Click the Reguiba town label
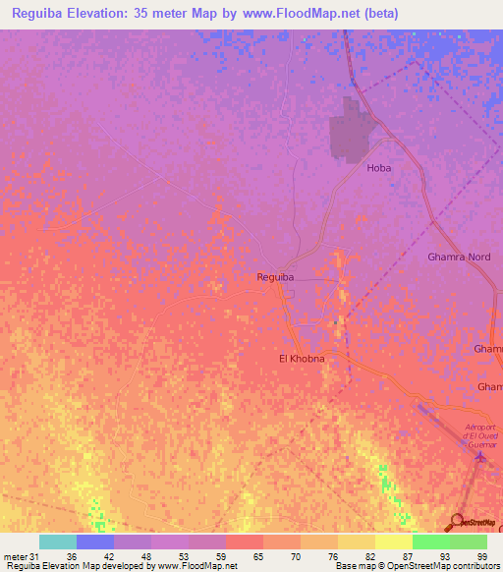[x=275, y=277]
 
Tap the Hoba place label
[x=378, y=168]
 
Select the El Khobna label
[x=302, y=359]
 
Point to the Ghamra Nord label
[x=459, y=257]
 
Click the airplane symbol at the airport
[x=479, y=454]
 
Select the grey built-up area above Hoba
[x=348, y=133]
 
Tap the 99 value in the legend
[x=481, y=555]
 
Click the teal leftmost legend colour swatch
[x=58, y=542]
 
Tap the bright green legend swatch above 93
[x=431, y=542]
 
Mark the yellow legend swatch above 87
[x=394, y=542]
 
